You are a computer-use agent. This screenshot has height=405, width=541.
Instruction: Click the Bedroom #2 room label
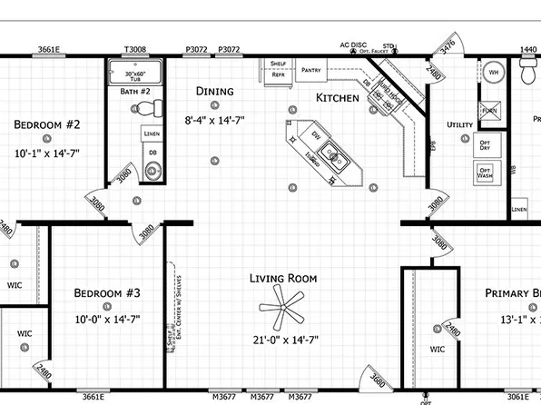click(47, 124)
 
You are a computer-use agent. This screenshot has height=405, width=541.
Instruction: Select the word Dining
click(214, 91)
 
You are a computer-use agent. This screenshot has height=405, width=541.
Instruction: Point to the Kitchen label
click(337, 98)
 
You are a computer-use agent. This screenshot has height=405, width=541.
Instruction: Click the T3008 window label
click(134, 50)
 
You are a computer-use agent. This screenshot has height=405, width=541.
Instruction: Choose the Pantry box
click(312, 69)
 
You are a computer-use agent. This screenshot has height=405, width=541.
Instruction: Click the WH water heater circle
click(494, 72)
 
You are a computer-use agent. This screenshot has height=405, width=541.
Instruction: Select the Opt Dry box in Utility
click(485, 144)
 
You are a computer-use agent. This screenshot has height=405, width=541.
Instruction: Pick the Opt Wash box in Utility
click(484, 172)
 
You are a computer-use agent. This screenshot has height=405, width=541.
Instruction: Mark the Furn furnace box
click(490, 111)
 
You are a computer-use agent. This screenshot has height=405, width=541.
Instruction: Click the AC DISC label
click(352, 44)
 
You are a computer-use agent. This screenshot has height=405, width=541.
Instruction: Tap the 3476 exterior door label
click(447, 45)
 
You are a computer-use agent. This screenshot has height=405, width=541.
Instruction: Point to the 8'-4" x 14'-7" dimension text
click(214, 119)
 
